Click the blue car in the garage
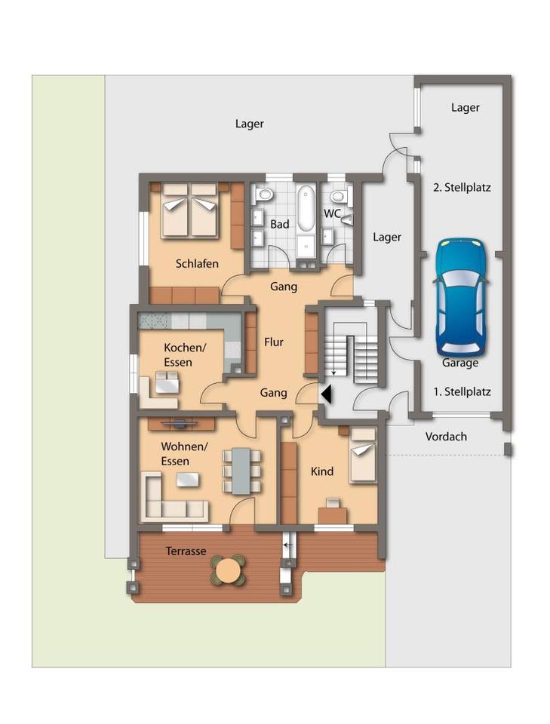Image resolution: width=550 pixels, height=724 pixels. click(x=461, y=296)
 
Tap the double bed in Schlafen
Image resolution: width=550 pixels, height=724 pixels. click(x=189, y=210)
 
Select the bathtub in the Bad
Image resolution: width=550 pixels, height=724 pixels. click(x=306, y=208)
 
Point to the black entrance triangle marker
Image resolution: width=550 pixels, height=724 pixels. click(x=327, y=394)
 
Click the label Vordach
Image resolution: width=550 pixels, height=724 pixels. click(x=446, y=437)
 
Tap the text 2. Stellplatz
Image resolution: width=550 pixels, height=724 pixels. click(x=462, y=188)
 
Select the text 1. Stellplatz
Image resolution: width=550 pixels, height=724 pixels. click(x=462, y=391)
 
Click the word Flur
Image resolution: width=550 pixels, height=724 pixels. click(x=273, y=342)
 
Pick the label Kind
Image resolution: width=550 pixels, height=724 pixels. click(x=322, y=471)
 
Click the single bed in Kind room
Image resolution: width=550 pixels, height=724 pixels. click(x=363, y=456)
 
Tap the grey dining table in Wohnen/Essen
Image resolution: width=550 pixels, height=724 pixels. click(x=241, y=471)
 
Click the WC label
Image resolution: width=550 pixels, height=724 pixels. click(x=332, y=213)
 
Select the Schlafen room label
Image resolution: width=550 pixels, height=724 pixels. click(x=197, y=264)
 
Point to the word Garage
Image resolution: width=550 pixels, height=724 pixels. click(x=460, y=363)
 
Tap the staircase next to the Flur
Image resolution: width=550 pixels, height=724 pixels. click(x=353, y=353)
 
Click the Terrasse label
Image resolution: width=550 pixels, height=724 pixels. click(x=186, y=551)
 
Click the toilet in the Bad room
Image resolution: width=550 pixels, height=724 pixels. click(x=264, y=194)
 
